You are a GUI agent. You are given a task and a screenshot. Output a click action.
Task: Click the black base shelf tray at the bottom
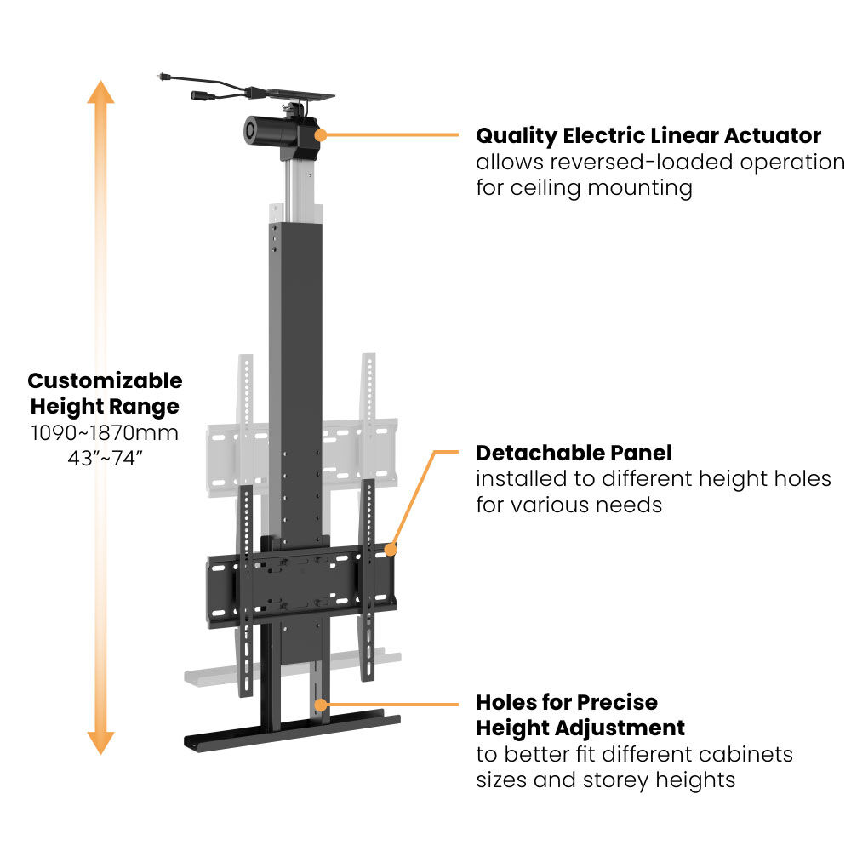click(x=289, y=733)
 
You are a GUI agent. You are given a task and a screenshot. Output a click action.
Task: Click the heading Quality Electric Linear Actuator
click(x=648, y=135)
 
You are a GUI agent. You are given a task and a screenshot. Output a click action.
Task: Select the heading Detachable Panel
click(x=574, y=453)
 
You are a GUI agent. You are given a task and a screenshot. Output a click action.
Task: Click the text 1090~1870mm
click(x=105, y=432)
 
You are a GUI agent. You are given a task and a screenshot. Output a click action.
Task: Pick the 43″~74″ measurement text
click(x=105, y=458)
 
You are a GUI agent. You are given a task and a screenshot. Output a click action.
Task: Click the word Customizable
click(x=105, y=380)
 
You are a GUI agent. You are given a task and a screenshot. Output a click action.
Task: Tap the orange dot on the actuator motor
click(x=322, y=134)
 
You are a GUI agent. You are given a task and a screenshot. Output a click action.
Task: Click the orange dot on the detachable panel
click(x=391, y=550)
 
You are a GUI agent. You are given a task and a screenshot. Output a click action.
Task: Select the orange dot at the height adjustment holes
click(x=320, y=704)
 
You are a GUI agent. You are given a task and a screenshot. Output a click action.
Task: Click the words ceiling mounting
click(x=603, y=187)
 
